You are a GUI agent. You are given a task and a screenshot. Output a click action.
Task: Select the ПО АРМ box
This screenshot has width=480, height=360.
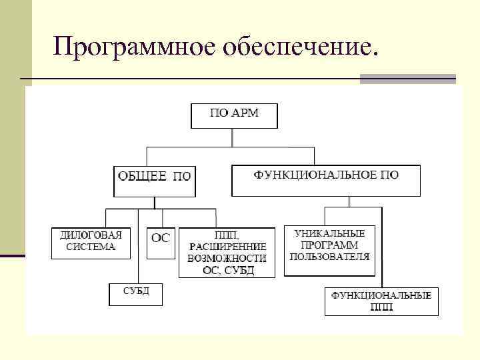pos(234,115)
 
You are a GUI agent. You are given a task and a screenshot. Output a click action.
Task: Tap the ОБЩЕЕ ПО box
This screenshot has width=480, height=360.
pos(154,180)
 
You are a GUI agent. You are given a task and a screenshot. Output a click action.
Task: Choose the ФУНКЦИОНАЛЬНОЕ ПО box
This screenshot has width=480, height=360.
pos(326,180)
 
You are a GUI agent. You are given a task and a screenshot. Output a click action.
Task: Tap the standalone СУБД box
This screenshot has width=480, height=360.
pos(136,294)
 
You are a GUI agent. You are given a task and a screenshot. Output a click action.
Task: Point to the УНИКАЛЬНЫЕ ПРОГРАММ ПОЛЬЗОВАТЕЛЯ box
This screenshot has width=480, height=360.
pos(329,250)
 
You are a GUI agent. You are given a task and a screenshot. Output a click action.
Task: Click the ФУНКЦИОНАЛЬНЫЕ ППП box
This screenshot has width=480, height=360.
pos(382,301)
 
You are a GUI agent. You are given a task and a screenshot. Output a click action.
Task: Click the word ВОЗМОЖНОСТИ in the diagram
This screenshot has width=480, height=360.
pos(227,258)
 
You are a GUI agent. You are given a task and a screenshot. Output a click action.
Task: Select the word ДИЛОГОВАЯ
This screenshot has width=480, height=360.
pos(91,235)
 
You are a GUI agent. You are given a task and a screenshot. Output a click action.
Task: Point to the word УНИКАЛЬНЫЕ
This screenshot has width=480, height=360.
pos(329,234)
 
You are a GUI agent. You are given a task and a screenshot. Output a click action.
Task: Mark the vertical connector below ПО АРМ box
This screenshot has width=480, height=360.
pos(232,137)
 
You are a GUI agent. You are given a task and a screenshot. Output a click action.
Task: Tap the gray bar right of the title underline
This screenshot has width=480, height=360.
pos(407,79)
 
